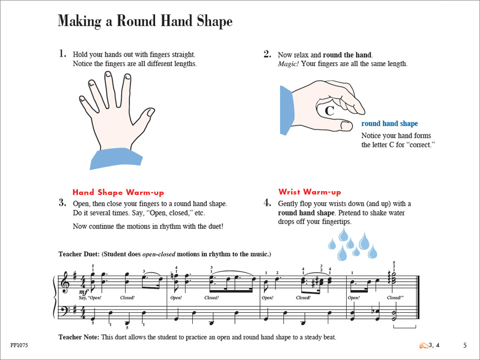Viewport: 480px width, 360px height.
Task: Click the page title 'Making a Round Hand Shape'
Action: coord(145,21)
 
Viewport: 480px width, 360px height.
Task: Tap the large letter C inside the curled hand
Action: coord(329,111)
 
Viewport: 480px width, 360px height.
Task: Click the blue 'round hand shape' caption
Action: coord(389,123)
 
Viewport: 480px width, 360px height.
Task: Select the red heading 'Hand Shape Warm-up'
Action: coord(118,193)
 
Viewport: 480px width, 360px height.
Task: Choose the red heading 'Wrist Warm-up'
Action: coord(309,192)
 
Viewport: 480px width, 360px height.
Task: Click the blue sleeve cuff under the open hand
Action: coord(116,158)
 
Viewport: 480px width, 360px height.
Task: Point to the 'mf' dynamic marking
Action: coord(83,293)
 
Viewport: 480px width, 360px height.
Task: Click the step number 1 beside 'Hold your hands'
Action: coord(62,54)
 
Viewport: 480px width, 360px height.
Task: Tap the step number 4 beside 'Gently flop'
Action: coord(267,203)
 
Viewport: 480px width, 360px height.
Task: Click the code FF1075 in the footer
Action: coord(19,346)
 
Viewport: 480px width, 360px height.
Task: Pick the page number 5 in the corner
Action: coord(464,346)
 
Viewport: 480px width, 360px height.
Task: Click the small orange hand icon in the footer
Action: coord(424,346)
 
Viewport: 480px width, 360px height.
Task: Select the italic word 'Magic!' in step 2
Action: coord(288,64)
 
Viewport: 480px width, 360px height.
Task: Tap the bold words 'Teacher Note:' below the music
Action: coord(79,337)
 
